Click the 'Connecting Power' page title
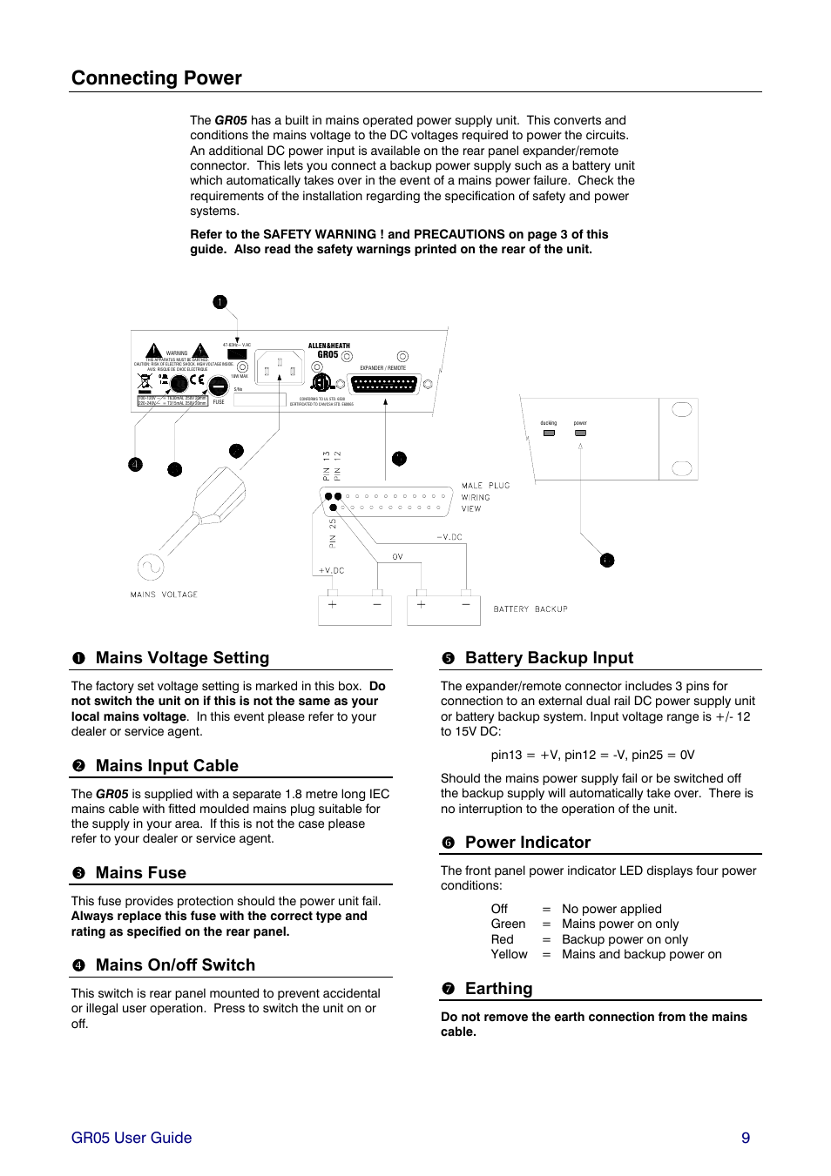[157, 78]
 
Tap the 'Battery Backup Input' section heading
[549, 658]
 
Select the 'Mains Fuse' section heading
[140, 873]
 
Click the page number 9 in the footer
[746, 1138]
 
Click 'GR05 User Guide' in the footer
[132, 1138]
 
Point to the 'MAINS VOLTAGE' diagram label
[164, 595]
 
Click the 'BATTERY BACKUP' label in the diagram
[530, 609]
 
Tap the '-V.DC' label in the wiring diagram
[449, 537]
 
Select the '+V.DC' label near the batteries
[331, 571]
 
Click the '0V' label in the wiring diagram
[397, 557]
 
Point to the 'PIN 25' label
[333, 534]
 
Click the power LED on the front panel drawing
[580, 433]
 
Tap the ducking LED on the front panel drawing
[549, 433]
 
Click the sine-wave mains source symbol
[151, 568]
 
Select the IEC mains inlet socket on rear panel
[280, 368]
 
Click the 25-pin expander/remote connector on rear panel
[383, 383]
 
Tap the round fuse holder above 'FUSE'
[219, 386]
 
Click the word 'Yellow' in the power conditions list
[509, 955]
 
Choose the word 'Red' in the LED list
[502, 940]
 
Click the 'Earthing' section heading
[498, 989]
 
